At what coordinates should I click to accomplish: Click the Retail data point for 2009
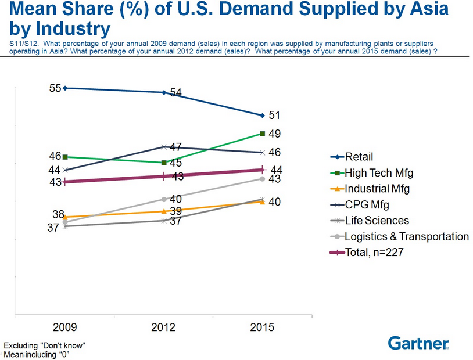(x=65, y=88)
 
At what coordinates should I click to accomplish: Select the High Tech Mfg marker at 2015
(x=263, y=134)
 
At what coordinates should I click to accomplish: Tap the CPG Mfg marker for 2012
(x=164, y=146)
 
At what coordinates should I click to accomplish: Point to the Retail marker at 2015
(x=263, y=115)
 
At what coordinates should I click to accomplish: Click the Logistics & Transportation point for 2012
(x=164, y=199)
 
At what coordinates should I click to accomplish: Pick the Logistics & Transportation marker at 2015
(x=263, y=179)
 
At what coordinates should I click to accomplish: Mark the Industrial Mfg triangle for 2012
(x=164, y=211)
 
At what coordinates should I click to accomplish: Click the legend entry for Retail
(x=359, y=157)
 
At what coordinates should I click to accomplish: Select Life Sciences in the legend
(x=377, y=221)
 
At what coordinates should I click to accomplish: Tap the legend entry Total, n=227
(x=374, y=253)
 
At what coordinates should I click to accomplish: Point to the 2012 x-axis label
(x=164, y=327)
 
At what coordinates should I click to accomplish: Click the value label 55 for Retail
(x=55, y=88)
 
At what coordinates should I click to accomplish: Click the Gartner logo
(x=418, y=343)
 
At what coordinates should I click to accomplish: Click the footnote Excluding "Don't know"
(x=45, y=345)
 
